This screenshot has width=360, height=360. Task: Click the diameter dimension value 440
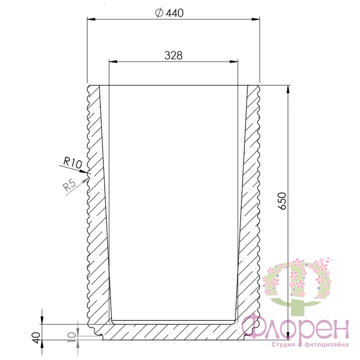coord(175,13)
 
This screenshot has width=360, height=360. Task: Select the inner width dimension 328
coord(174,55)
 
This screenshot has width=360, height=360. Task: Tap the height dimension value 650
coord(282,201)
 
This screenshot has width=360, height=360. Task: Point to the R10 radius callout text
coord(72,163)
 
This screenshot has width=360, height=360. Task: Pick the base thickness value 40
coord(37,337)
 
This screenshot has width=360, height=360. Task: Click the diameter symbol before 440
coord(159,13)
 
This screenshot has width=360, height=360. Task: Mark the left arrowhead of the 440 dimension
coord(91,19)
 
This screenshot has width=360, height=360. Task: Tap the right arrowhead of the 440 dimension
coord(256,19)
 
